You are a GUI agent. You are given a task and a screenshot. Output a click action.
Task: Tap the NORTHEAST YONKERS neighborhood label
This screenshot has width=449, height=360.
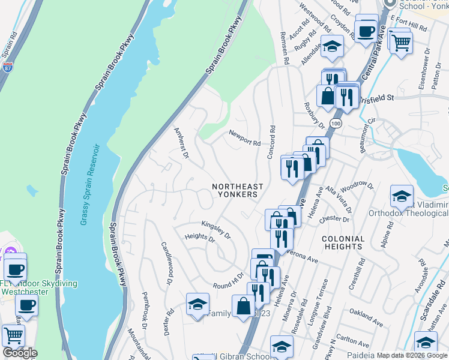[235, 191]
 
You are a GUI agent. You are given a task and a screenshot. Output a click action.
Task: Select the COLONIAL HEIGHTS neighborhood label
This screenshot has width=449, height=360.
[343, 242]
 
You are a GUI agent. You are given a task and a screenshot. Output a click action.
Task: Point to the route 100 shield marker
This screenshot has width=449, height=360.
[336, 122]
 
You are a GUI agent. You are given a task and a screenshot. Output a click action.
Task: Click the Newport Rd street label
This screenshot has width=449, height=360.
[244, 139]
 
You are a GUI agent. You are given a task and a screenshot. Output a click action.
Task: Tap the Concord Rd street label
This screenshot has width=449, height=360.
[271, 142]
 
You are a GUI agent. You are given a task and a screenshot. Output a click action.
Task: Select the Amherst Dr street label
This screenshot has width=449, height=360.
[181, 143]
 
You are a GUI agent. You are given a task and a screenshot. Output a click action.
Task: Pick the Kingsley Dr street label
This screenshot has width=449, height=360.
[216, 229]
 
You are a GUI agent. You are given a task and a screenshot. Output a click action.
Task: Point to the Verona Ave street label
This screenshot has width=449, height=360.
[303, 256]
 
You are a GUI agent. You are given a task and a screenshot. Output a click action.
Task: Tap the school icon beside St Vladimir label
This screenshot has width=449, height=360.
[402, 195]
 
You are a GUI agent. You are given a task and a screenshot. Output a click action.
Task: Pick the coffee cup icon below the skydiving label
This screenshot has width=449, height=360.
[26, 305]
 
